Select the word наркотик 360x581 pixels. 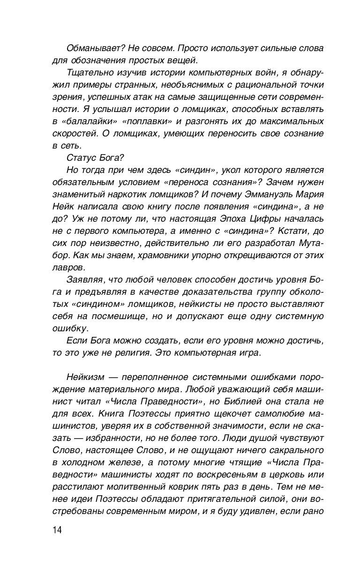(x=137, y=194)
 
